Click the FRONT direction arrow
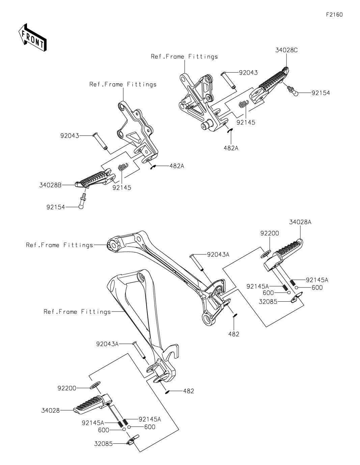pyautogui.click(x=32, y=38)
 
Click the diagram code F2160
pyautogui.click(x=334, y=15)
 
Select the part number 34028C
pyautogui.click(x=286, y=50)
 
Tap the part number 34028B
pyautogui.click(x=50, y=185)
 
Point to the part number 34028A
pyautogui.click(x=300, y=222)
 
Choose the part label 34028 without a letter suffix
pyautogui.click(x=51, y=410)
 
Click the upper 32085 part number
pyautogui.click(x=268, y=302)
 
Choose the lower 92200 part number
pyautogui.click(x=67, y=388)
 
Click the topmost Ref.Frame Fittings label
pyautogui.click(x=184, y=56)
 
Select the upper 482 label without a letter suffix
pyautogui.click(x=234, y=334)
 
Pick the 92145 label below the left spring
pyautogui.click(x=122, y=188)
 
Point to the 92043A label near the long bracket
pyautogui.click(x=218, y=255)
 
